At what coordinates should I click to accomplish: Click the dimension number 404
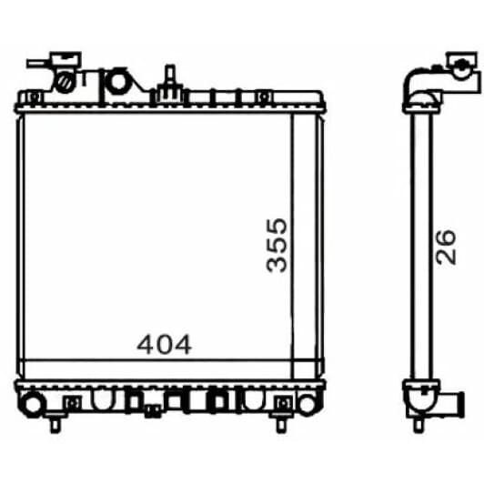[x=164, y=344]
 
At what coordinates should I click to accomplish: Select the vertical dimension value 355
[x=277, y=246]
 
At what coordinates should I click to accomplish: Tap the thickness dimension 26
[x=446, y=247]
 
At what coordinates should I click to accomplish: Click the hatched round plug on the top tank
[x=66, y=83]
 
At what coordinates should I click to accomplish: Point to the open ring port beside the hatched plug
[x=118, y=82]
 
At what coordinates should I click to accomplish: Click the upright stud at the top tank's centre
[x=170, y=76]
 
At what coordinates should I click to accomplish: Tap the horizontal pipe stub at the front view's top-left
[x=38, y=64]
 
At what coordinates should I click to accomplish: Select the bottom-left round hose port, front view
[x=32, y=403]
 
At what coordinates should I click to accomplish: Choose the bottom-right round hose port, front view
[x=307, y=403]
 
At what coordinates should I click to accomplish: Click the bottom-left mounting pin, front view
[x=55, y=426]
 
